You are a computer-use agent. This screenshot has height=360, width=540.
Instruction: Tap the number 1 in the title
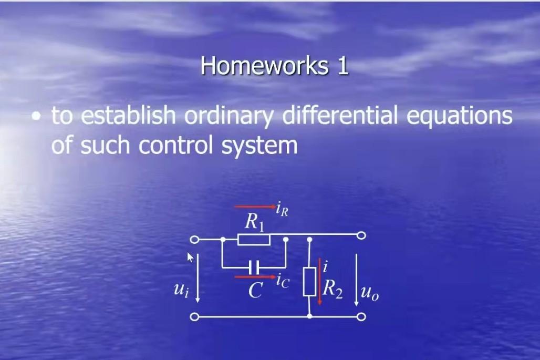coord(343,66)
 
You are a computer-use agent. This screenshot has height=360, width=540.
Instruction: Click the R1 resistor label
coord(254,223)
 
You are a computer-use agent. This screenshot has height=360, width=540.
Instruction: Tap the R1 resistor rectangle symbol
coord(254,240)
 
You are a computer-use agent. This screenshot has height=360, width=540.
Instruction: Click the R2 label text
coord(333,290)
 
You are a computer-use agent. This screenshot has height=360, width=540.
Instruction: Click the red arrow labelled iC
coord(255,276)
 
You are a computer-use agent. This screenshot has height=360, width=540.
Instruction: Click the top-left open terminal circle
coord(194,240)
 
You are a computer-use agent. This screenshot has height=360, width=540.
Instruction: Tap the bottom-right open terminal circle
coord(361,316)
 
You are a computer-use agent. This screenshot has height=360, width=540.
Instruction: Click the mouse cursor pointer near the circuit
coord(190,256)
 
